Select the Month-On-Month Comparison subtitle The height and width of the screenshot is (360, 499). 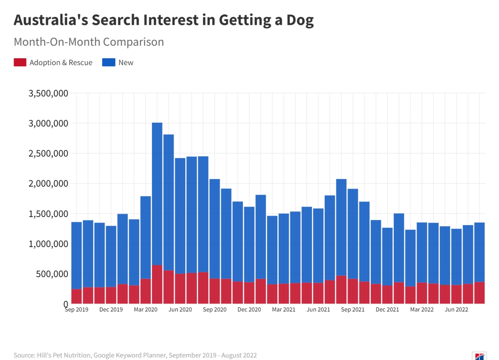tap(88, 42)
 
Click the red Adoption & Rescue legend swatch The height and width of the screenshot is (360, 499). tap(20, 62)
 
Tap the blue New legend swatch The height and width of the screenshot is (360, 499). tap(109, 62)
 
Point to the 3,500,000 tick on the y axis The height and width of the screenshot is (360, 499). tap(48, 94)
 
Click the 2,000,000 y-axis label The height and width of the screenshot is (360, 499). tap(48, 184)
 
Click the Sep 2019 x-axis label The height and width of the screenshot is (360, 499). tap(76, 310)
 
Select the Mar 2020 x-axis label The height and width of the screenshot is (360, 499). tap(145, 310)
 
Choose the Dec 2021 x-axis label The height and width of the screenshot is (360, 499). tap(387, 310)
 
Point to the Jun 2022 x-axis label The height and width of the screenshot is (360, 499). tap(457, 310)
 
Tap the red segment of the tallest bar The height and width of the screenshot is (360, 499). tap(157, 284)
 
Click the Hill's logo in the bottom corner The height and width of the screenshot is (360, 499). tap(479, 356)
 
